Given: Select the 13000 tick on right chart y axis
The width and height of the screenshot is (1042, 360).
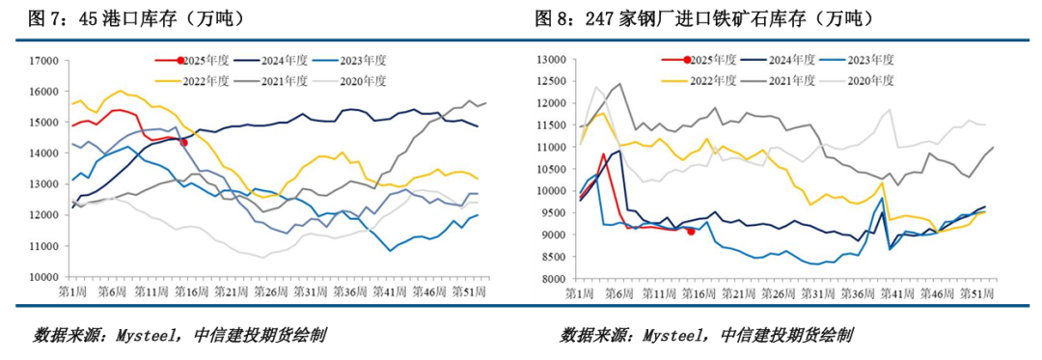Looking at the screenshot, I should pos(551,61).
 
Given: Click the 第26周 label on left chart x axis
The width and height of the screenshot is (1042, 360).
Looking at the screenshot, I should pos(269,292).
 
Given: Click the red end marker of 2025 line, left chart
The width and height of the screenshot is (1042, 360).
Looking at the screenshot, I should pos(184,142).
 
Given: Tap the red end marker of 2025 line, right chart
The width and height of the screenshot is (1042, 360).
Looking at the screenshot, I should pos(691,232).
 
